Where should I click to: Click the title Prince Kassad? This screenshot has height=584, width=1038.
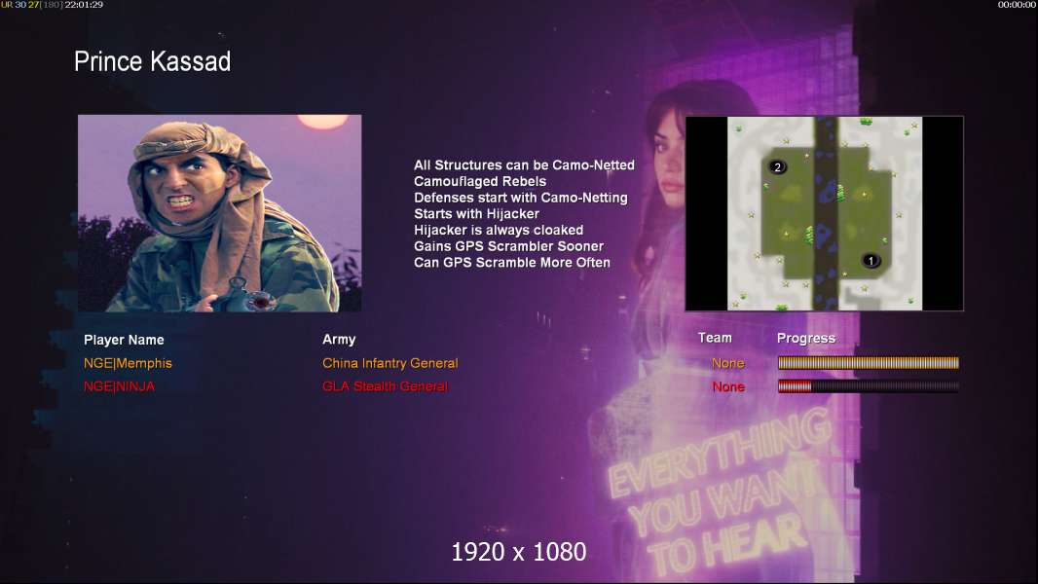click(x=152, y=61)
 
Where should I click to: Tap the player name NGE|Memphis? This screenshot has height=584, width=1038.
click(x=128, y=363)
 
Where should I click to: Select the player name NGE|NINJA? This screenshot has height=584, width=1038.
click(x=119, y=386)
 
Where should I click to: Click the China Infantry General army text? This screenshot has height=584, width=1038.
click(x=389, y=363)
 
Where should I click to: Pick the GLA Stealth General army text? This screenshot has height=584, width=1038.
click(x=385, y=386)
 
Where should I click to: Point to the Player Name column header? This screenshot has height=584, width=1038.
click(x=124, y=340)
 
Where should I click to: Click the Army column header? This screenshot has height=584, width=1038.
click(x=339, y=340)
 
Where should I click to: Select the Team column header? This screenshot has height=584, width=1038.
click(x=715, y=338)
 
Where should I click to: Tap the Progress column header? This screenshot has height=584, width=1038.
click(x=806, y=339)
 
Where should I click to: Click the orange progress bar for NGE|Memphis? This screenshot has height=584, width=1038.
click(x=869, y=362)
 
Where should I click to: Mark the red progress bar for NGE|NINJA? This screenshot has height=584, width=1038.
click(x=795, y=386)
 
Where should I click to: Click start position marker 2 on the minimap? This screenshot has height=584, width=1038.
click(x=778, y=166)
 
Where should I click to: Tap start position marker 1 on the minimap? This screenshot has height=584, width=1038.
click(x=871, y=261)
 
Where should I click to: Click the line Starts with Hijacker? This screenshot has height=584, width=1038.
click(x=476, y=213)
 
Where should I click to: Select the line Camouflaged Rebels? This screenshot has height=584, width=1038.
click(x=480, y=181)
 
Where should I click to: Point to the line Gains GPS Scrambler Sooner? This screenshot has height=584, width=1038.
click(x=508, y=246)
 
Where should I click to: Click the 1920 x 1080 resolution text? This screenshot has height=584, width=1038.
click(x=519, y=552)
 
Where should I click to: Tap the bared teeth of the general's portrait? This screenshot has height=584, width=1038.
click(x=181, y=201)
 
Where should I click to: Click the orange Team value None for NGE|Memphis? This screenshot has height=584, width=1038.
click(x=728, y=363)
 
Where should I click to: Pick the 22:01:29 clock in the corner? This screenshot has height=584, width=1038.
click(x=84, y=5)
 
